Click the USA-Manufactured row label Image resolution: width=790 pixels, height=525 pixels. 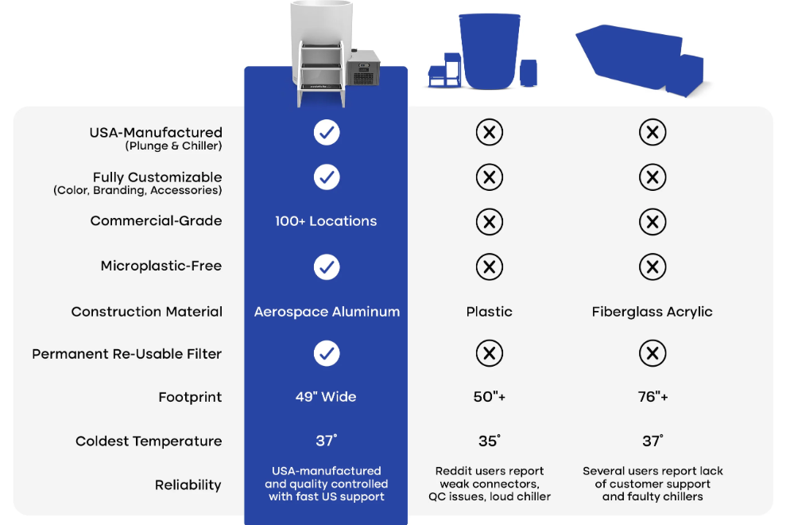155,133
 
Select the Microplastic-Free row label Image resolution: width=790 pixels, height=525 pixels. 161,266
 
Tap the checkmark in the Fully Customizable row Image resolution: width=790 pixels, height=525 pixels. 326,177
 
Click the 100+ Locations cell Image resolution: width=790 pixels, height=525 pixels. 326,221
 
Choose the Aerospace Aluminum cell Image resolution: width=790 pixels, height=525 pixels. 326,312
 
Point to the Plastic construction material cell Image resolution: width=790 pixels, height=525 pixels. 489,312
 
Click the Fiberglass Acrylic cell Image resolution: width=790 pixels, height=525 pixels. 652,312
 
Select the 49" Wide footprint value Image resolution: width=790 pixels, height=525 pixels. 326,397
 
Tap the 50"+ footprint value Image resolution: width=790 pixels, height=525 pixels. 489,397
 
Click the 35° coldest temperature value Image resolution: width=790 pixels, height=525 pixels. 489,441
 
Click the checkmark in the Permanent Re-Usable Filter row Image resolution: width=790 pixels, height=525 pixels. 326,353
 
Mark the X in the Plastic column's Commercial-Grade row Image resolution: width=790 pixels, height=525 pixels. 489,222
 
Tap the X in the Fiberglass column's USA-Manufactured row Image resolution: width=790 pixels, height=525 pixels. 652,133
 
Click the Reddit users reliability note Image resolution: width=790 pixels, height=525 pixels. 489,484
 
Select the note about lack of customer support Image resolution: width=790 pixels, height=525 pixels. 652,484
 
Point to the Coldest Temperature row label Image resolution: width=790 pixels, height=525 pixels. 148,441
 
